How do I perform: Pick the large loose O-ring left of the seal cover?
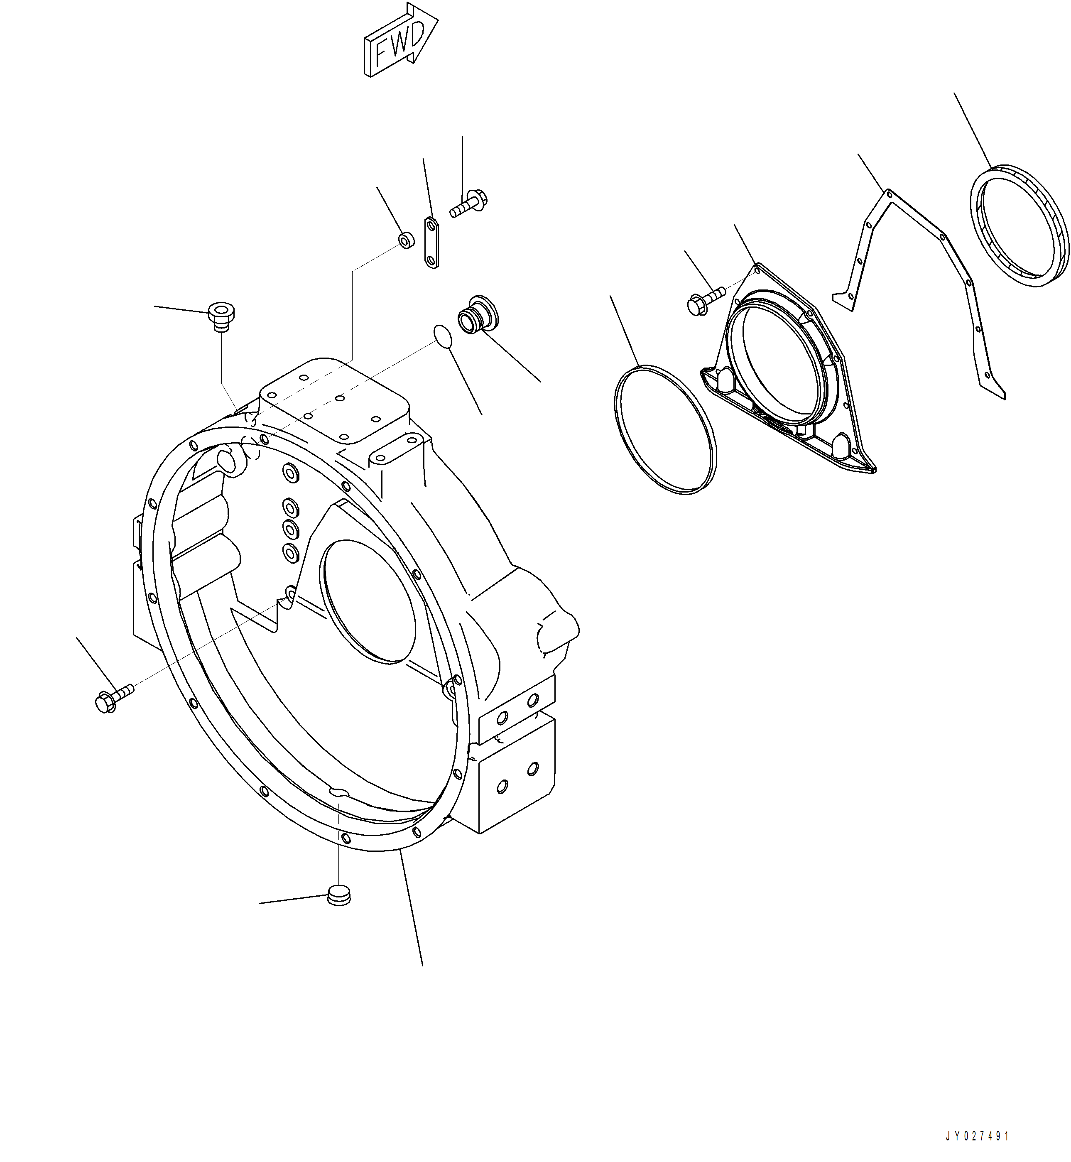click(x=665, y=429)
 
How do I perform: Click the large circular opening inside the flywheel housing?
click(x=370, y=600)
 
